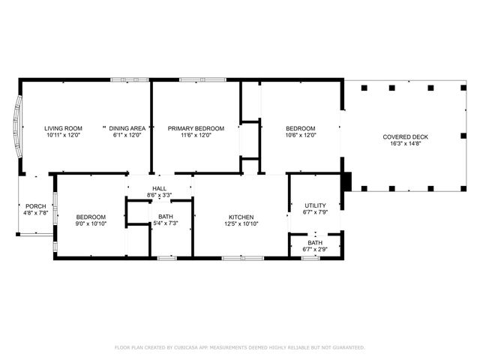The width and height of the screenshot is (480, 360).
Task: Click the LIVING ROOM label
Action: (63, 128)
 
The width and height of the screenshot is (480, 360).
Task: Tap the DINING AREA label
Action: (127, 128)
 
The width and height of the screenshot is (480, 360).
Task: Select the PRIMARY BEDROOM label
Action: (195, 128)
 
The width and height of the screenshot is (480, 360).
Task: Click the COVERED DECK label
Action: (405, 136)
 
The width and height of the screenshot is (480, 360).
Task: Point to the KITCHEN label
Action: (241, 217)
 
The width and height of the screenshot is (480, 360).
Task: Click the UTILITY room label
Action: (315, 205)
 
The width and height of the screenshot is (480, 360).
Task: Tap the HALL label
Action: (159, 189)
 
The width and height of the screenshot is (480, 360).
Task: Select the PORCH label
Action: (35, 205)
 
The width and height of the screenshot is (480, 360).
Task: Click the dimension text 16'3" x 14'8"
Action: (405, 143)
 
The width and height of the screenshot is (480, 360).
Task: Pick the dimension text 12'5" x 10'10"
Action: (241, 223)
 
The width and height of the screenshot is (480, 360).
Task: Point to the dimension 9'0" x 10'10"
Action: (91, 223)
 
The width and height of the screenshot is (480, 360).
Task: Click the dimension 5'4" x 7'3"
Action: (166, 223)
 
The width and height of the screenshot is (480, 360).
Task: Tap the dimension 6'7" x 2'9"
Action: (315, 249)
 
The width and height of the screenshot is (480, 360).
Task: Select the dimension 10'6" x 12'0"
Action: (300, 136)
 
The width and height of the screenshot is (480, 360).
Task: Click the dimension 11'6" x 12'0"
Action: (195, 136)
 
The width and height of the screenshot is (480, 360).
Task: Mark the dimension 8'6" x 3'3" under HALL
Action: (159, 196)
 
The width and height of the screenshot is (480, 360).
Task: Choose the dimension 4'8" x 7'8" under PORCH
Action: (35, 213)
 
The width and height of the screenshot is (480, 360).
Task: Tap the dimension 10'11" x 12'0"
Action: (63, 136)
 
